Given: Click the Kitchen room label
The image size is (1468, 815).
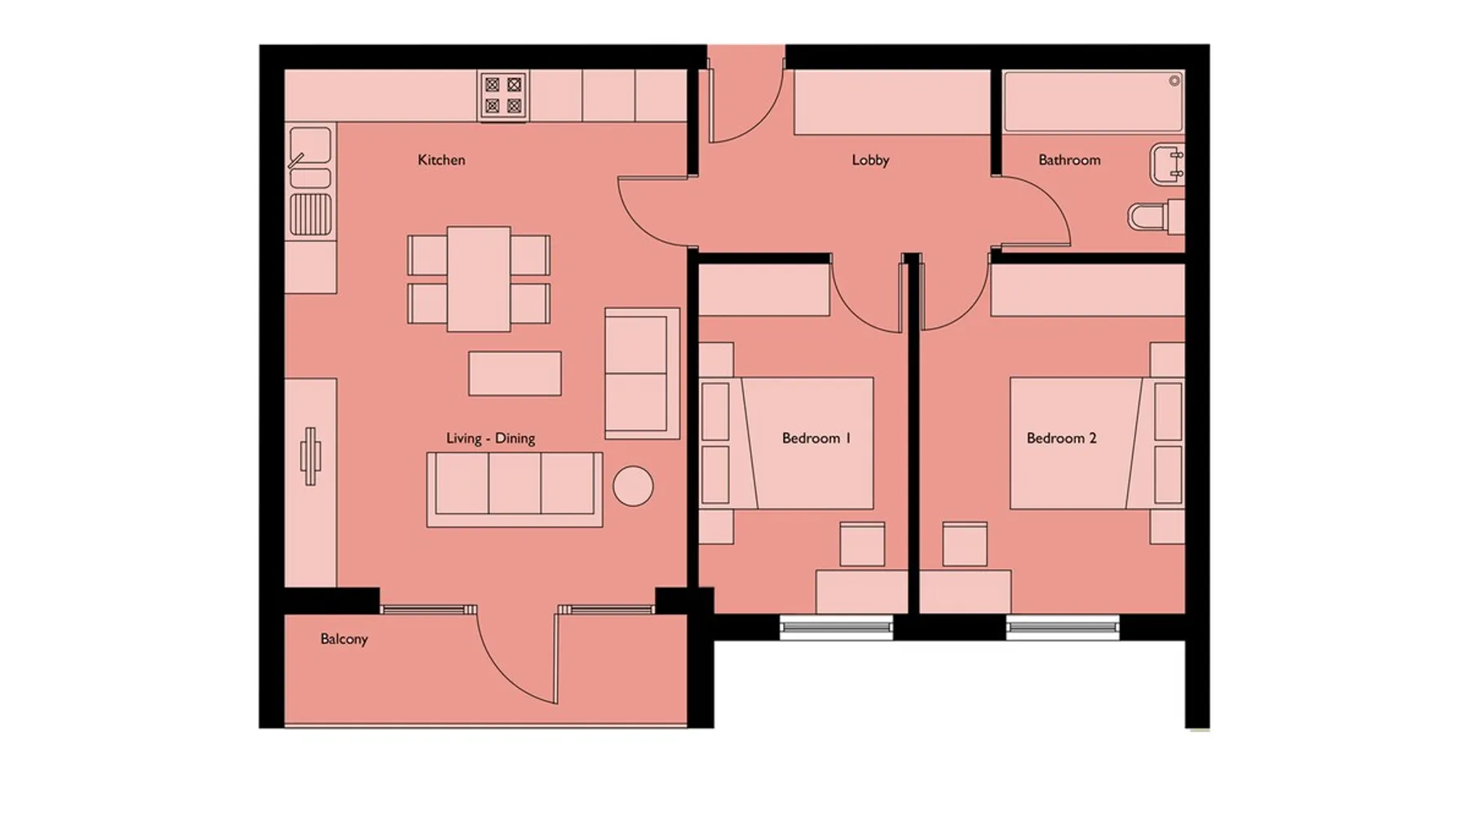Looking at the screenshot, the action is pos(441,160).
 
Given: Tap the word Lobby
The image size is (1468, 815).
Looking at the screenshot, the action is pos(870,160).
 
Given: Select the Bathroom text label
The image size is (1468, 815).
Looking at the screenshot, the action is pos(1069,160).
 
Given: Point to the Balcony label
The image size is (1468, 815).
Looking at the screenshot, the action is pos(343,639).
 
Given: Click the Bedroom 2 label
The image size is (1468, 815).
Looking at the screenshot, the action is pos(1061,438).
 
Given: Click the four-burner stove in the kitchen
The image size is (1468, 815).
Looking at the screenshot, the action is pos(503,95).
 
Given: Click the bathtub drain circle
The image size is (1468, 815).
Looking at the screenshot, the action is pos(1174,81).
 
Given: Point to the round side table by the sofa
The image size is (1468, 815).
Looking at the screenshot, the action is pos(633,487).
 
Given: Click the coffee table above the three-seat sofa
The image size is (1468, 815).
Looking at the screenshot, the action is pos(515,373).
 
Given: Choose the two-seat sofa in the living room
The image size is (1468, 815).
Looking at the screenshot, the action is pos(642,373).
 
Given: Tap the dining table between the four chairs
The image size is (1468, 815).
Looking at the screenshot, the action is pos(479,279).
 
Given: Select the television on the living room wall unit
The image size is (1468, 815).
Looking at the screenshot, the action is pos(310,456).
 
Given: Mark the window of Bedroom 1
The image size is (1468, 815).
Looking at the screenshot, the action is pos(836,627).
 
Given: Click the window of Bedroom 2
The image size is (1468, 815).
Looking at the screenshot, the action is pos(1063,627).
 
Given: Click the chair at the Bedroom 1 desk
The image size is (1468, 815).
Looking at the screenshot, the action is pos(862,544).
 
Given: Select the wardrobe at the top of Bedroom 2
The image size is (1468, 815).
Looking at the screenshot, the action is pos(1088,289).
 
